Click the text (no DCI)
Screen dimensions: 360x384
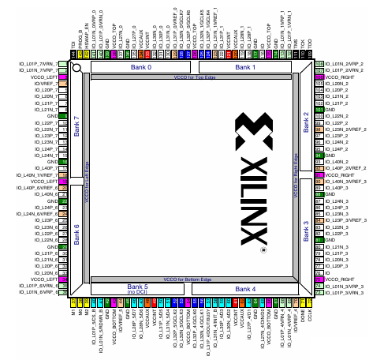(138, 294)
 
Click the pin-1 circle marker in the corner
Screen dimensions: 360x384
(76, 68)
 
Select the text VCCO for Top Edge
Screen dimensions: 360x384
(194, 77)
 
